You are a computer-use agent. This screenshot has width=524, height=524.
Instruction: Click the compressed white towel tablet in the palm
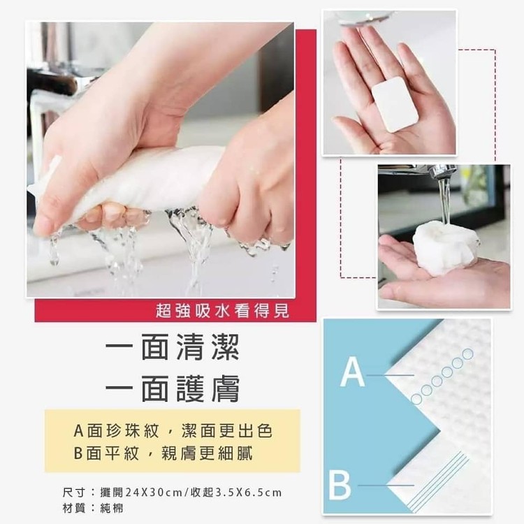click(395, 104)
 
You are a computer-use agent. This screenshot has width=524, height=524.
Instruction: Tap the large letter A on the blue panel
click(352, 372)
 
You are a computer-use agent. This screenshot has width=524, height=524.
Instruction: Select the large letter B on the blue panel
click(340, 485)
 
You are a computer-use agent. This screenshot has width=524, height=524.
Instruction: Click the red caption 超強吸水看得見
click(223, 312)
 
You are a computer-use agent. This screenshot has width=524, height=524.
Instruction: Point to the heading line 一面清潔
click(173, 347)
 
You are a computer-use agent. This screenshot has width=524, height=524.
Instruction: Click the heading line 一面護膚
click(173, 389)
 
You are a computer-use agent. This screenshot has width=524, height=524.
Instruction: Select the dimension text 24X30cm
click(141, 493)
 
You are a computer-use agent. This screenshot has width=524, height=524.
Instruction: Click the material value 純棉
click(112, 509)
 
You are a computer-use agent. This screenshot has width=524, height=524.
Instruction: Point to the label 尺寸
click(74, 493)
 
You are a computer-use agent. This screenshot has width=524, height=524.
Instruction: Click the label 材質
click(74, 509)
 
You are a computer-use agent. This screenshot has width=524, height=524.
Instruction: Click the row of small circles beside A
click(442, 377)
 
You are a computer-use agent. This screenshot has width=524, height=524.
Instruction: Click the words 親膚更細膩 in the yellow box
click(207, 453)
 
